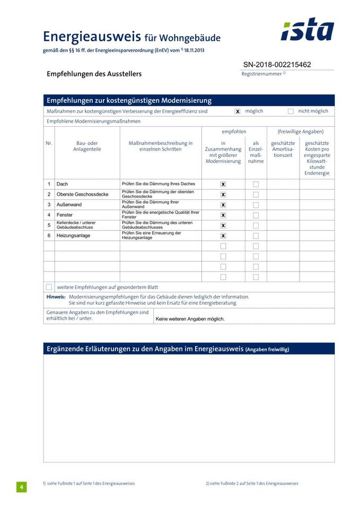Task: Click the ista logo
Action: click(307, 30)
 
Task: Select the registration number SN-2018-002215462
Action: click(277, 65)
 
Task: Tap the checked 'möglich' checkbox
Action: click(238, 111)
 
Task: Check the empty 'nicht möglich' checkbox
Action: click(291, 111)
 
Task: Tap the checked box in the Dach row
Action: click(223, 184)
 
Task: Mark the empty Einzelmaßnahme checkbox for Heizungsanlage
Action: click(256, 235)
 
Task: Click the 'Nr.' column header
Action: click(49, 143)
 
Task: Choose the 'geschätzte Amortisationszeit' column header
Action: click(283, 149)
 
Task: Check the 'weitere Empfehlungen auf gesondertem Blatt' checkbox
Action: click(49, 287)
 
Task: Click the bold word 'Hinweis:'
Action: click(56, 297)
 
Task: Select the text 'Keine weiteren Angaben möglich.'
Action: click(190, 319)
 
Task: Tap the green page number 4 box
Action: click(21, 487)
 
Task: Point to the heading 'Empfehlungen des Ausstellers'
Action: click(94, 74)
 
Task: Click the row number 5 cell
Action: click(49, 225)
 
